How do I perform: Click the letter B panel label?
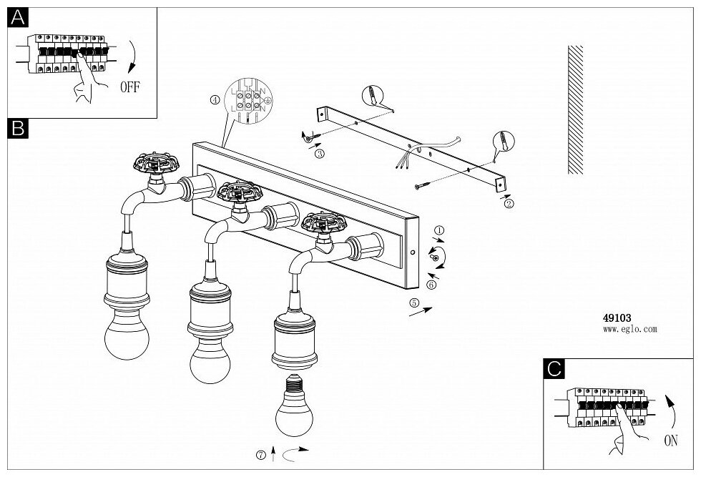click(18, 128)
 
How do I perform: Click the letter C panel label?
click(554, 369)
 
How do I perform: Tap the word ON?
click(670, 441)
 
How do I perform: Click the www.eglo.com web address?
click(629, 330)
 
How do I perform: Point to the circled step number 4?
click(215, 101)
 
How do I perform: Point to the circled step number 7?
click(263, 454)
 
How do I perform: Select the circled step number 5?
click(413, 303)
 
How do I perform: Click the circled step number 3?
click(319, 153)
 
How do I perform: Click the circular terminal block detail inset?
click(246, 102)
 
